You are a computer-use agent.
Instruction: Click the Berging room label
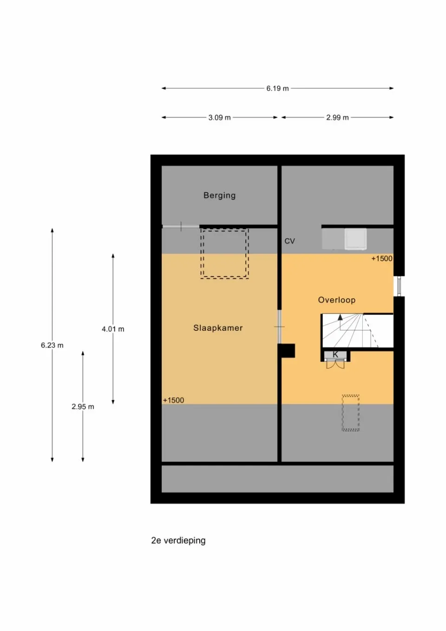tap(219, 196)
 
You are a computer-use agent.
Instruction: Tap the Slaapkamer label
tap(218, 328)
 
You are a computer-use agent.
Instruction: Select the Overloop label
tap(337, 300)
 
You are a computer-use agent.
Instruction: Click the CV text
tap(290, 241)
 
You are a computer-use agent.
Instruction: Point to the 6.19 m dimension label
tap(278, 88)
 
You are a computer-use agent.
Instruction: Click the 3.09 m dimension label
tap(219, 118)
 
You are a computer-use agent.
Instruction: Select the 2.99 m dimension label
tap(337, 118)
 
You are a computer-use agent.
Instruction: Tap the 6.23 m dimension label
tap(52, 345)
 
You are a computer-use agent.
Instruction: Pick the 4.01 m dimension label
tap(113, 329)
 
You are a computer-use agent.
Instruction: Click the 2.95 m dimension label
tap(83, 407)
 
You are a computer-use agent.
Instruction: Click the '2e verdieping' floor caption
tap(178, 540)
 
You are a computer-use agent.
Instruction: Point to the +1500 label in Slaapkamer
tap(173, 400)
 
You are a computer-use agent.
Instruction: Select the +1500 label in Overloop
tap(382, 259)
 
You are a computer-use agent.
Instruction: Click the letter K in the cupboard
tap(335, 355)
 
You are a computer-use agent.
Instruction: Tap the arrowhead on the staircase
tap(340, 317)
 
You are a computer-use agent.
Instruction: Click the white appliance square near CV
tap(355, 239)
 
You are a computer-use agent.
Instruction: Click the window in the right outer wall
tap(399, 286)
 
